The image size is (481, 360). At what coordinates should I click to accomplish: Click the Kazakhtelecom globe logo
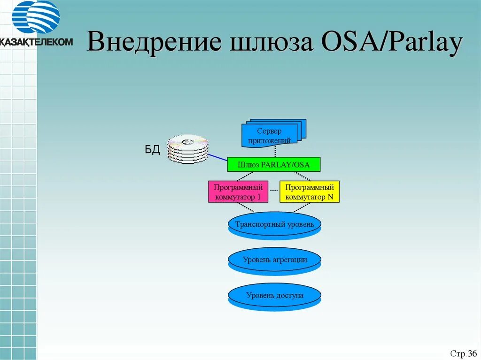pyautogui.click(x=36, y=17)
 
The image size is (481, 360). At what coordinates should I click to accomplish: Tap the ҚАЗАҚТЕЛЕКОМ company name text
pyautogui.click(x=36, y=41)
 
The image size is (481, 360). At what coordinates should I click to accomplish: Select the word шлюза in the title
pyautogui.click(x=266, y=43)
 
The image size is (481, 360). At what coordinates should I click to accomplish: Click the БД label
pyautogui.click(x=152, y=150)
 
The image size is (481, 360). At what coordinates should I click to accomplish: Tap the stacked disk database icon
pyautogui.click(x=188, y=149)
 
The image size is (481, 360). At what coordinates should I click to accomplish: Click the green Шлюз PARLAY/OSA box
pyautogui.click(x=273, y=164)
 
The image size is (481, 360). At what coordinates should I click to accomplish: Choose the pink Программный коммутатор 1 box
pyautogui.click(x=238, y=191)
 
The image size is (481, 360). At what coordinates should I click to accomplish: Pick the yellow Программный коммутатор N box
pyautogui.click(x=309, y=191)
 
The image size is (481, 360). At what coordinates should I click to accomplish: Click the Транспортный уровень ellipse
pyautogui.click(x=274, y=224)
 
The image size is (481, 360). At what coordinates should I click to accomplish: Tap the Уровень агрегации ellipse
pyautogui.click(x=274, y=259)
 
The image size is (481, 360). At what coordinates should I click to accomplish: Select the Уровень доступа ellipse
pyautogui.click(x=274, y=295)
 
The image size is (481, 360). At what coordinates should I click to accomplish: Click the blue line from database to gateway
pyautogui.click(x=217, y=159)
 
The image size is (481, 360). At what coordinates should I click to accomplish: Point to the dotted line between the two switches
pyautogui.click(x=274, y=191)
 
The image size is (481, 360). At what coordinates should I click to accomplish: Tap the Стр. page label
pyautogui.click(x=458, y=353)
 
